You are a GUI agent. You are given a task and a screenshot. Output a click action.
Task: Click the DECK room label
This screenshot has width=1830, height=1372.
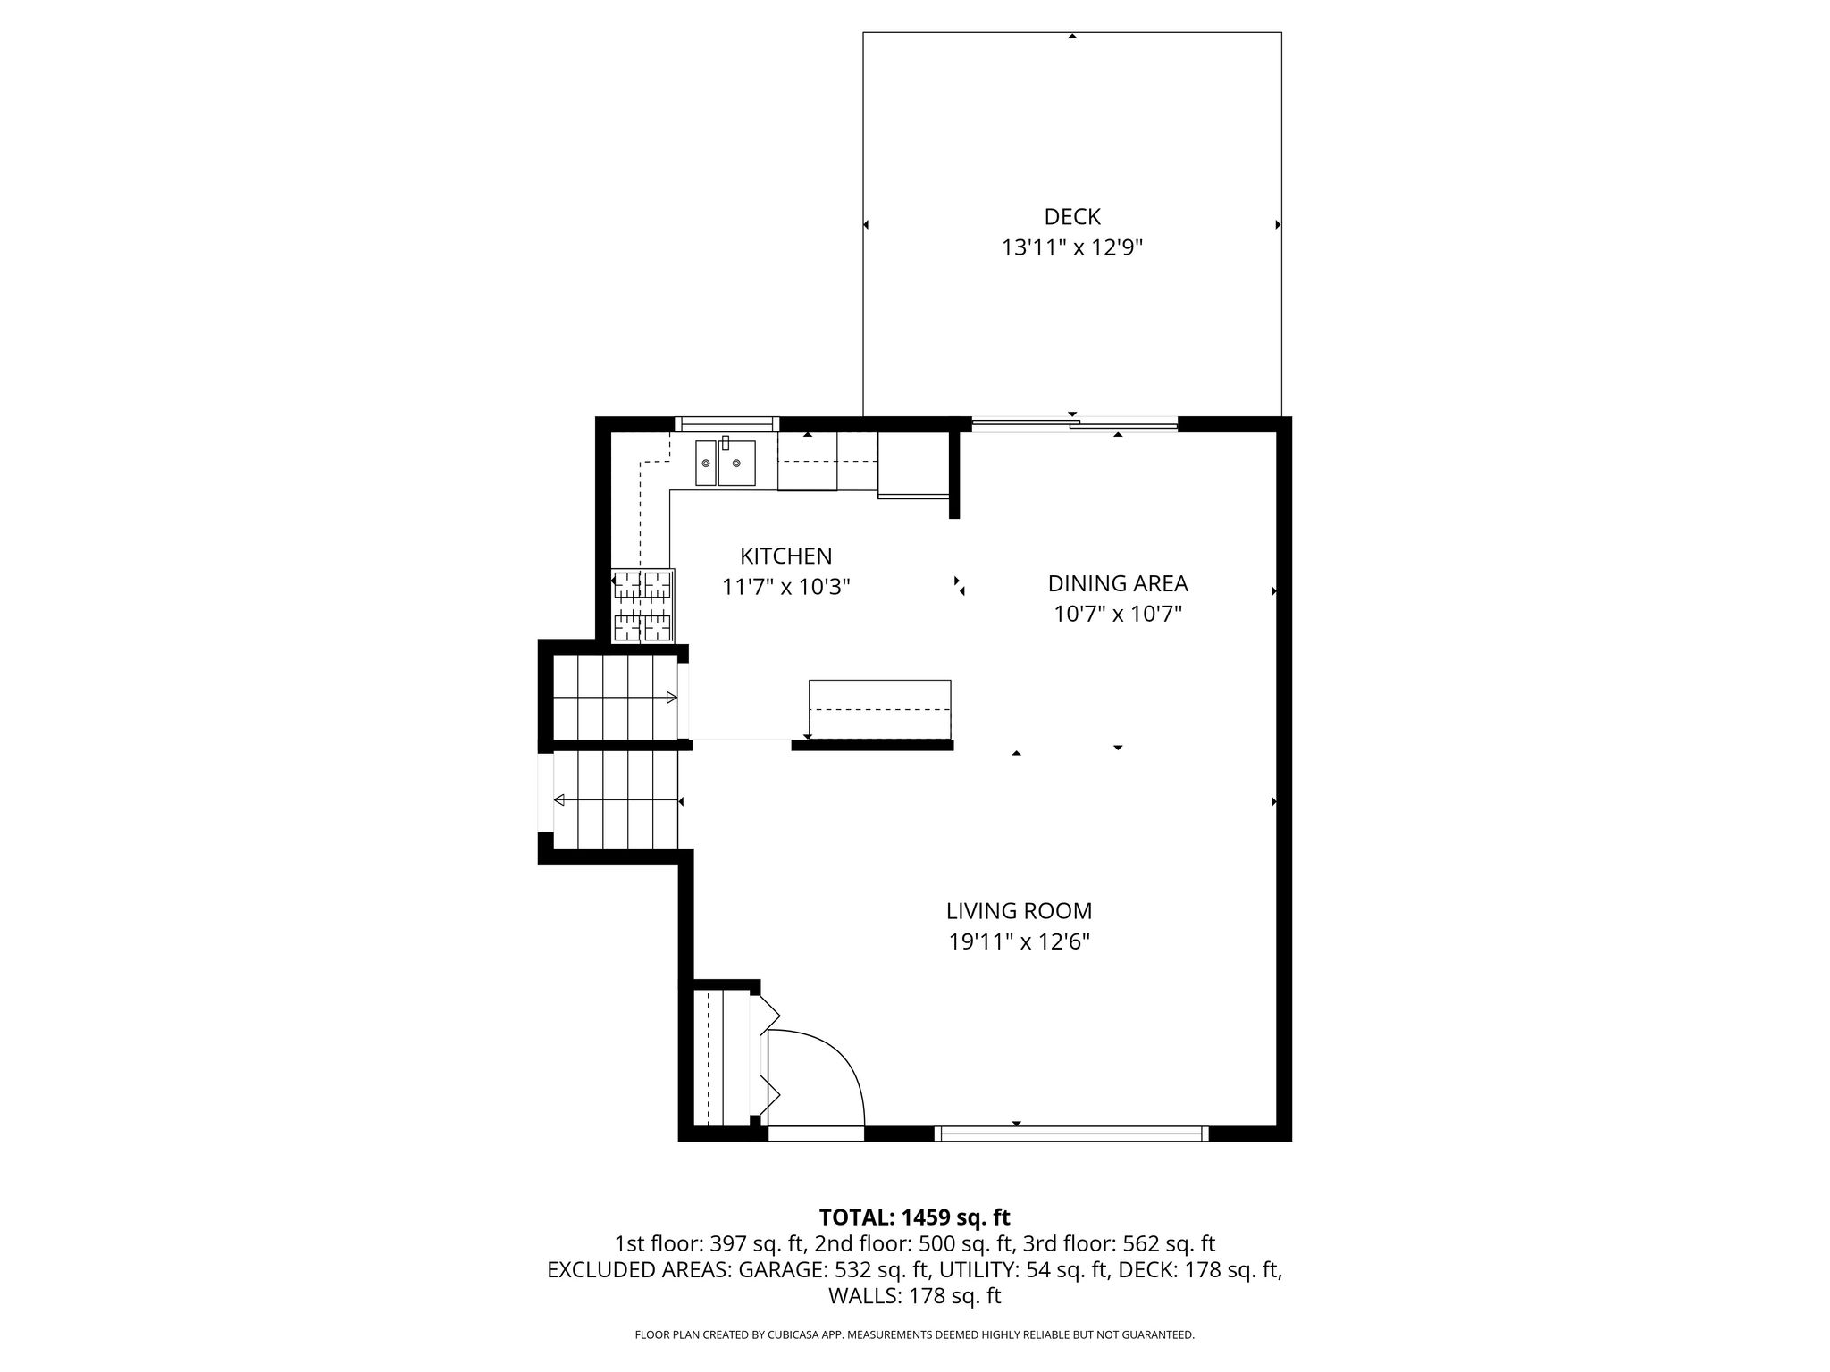tap(1072, 217)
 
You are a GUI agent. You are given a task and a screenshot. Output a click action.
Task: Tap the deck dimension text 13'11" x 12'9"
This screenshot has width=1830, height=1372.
tap(1072, 247)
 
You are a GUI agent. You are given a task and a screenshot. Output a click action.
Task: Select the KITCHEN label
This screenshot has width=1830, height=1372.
tap(786, 556)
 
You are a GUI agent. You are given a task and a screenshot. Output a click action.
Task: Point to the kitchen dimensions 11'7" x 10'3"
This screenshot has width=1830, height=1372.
tap(786, 587)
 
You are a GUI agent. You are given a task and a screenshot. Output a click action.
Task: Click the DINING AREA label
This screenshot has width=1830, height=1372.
tap(1118, 584)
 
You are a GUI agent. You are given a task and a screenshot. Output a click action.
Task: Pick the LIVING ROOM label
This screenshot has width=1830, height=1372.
tap(1020, 911)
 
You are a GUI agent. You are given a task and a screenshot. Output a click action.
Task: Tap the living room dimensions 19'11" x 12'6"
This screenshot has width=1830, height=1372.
tap(1020, 941)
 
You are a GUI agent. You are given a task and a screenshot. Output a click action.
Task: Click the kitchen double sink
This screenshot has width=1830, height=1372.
tap(726, 462)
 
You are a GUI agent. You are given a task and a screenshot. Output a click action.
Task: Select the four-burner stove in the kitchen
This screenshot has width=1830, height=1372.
tap(642, 606)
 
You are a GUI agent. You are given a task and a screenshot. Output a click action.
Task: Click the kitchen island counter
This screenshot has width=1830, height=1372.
tap(880, 709)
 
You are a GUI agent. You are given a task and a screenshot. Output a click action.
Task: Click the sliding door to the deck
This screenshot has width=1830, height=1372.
tap(1074, 425)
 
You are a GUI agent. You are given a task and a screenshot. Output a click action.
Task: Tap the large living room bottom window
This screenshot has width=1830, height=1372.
tap(1071, 1134)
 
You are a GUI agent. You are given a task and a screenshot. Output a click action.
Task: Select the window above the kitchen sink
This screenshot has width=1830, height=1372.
tap(726, 424)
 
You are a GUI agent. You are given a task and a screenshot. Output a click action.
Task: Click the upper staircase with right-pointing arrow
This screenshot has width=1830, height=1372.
tap(615, 698)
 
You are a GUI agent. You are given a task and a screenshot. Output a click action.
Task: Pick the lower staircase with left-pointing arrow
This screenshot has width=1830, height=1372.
tap(617, 799)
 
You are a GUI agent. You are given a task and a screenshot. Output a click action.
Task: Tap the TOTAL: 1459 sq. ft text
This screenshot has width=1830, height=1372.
tap(915, 1217)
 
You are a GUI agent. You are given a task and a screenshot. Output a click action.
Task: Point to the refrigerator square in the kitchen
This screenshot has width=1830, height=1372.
tap(912, 464)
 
